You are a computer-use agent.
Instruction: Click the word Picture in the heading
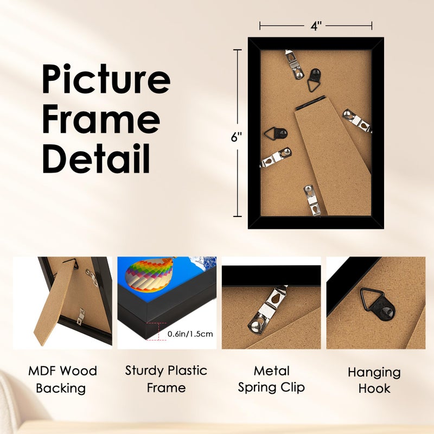(106, 80)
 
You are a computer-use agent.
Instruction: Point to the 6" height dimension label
(236, 137)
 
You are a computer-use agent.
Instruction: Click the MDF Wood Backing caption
(62, 379)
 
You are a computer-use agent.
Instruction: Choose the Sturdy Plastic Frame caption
(166, 379)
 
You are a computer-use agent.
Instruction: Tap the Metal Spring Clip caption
(271, 379)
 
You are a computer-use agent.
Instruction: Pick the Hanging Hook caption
(374, 380)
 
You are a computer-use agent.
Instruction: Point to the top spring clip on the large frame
(293, 64)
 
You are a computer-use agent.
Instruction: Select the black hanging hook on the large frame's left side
(274, 135)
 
